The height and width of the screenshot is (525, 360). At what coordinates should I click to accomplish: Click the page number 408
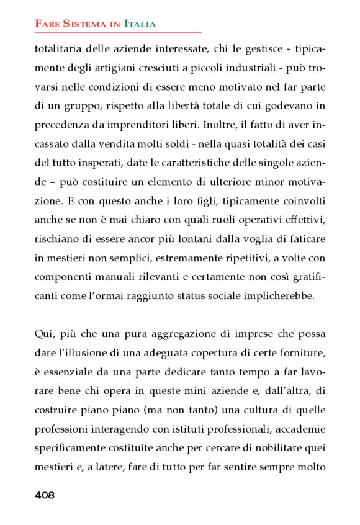(x=45, y=495)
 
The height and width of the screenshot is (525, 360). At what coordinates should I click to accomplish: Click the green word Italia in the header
(x=140, y=24)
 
